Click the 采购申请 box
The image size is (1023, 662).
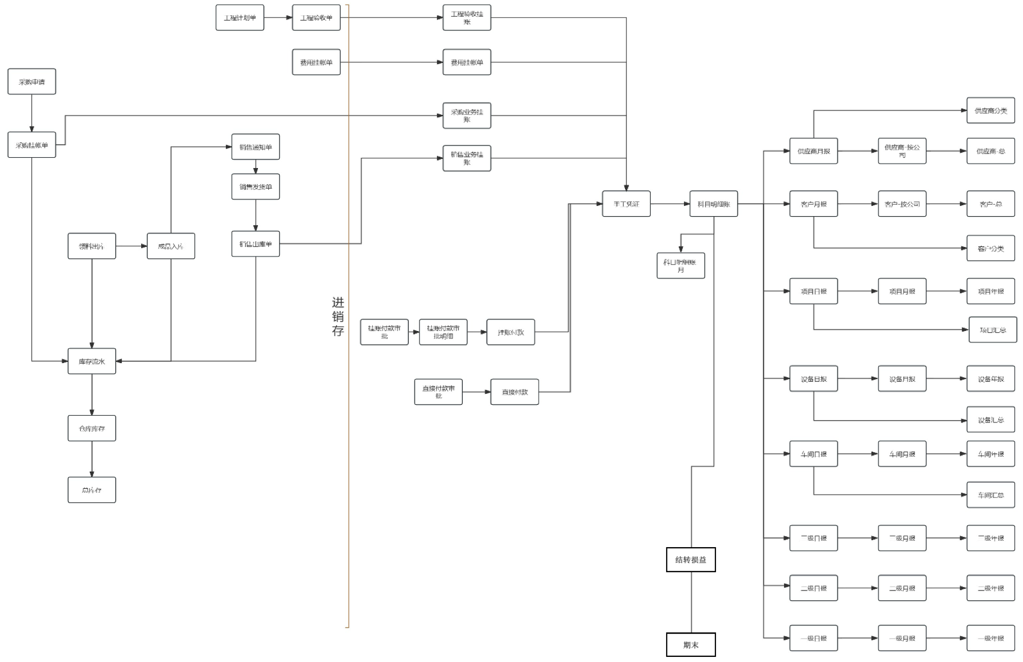tap(31, 82)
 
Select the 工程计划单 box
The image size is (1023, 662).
tap(240, 18)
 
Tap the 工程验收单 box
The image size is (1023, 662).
tap(316, 18)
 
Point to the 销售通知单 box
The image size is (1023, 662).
tap(256, 147)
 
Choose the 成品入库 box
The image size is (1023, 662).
tap(171, 246)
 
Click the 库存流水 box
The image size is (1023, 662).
tap(91, 361)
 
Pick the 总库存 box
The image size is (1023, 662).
tap(91, 490)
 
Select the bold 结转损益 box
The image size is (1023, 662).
tap(691, 560)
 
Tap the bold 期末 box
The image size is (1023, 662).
tap(691, 645)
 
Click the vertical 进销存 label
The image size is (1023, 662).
tap(338, 316)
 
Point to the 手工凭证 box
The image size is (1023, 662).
tap(626, 204)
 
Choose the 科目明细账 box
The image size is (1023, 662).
tap(714, 204)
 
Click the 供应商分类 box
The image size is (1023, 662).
tap(990, 111)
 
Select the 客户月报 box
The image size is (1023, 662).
tap(814, 204)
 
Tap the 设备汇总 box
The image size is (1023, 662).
tap(990, 420)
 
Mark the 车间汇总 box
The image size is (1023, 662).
tap(990, 495)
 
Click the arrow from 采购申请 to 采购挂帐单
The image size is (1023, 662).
tap(31, 113)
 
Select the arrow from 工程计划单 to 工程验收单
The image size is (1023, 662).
tap(278, 18)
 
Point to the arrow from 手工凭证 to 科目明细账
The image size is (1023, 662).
tap(670, 204)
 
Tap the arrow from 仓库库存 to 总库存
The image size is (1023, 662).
tap(91, 459)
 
